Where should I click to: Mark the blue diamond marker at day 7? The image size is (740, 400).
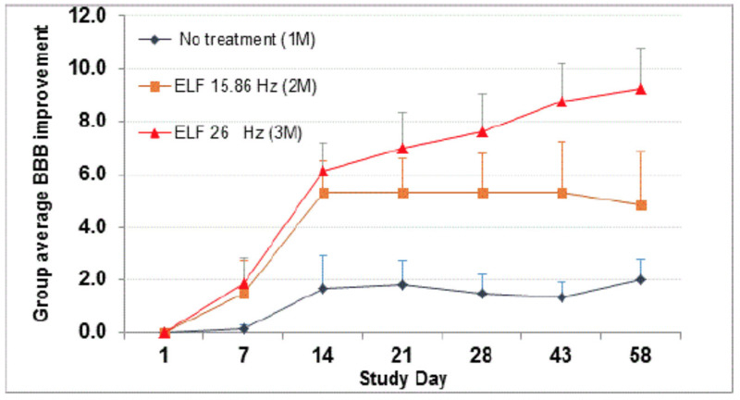pyautogui.click(x=243, y=328)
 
